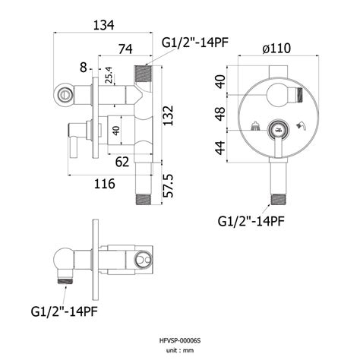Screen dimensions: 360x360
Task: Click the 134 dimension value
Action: [104, 25]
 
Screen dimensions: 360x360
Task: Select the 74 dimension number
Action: [125, 49]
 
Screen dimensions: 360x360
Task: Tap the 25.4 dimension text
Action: [109, 75]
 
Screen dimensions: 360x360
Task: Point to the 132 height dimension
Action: [168, 115]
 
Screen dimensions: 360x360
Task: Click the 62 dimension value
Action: [122, 162]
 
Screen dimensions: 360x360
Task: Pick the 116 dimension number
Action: [105, 184]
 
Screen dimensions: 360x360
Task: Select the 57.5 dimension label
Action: [168, 186]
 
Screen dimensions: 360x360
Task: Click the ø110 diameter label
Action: [276, 49]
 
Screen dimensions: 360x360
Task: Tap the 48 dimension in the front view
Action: [220, 114]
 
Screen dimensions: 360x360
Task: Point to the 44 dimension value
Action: [220, 148]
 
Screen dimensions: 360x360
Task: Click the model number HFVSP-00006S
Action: [180, 341]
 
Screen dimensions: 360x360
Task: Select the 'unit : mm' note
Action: [180, 351]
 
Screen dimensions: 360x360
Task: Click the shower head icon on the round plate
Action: [255, 126]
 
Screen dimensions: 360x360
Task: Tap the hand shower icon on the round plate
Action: [302, 126]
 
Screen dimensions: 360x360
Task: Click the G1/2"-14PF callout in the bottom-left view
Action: [65, 311]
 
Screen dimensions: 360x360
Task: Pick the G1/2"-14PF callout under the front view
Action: [251, 221]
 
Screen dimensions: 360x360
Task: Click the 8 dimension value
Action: [84, 68]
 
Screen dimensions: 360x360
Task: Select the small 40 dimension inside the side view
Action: [116, 131]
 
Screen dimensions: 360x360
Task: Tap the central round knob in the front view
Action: [278, 130]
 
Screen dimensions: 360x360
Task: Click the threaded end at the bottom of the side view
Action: [144, 200]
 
